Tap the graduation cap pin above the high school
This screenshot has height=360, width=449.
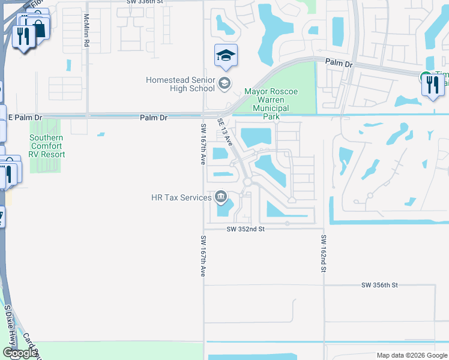tap(226, 56)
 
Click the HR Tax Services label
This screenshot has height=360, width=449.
tap(181, 197)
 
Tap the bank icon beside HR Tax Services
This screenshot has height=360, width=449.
tap(220, 197)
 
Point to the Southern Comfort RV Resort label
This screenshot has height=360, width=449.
tap(47, 145)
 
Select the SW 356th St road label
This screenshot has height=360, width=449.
tap(380, 285)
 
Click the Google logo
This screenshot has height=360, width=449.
tap(20, 353)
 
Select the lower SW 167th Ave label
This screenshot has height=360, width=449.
tap(203, 256)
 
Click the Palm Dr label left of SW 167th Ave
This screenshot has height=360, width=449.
tap(153, 118)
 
